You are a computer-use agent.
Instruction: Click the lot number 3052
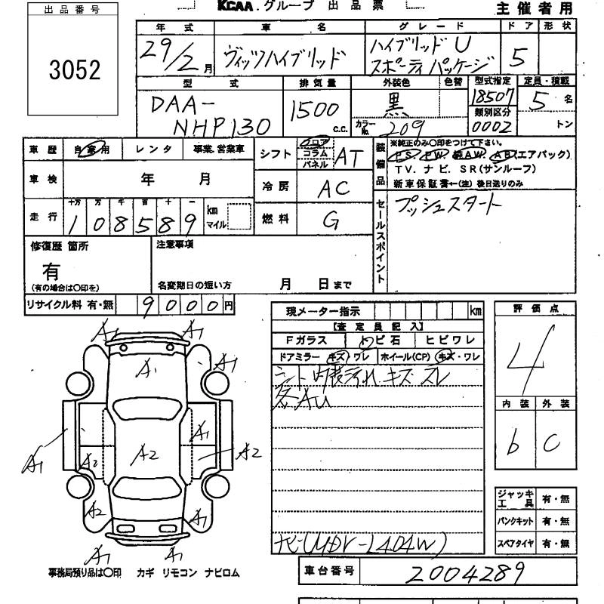[73, 70]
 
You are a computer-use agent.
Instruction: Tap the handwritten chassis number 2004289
[464, 573]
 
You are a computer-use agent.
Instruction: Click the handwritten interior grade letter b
[513, 446]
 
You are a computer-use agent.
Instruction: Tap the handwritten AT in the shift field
[349, 156]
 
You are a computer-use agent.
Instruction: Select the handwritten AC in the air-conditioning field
[333, 190]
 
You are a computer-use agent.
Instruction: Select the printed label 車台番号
[328, 571]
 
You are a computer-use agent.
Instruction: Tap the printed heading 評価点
[533, 309]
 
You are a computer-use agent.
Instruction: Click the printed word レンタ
[157, 150]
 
